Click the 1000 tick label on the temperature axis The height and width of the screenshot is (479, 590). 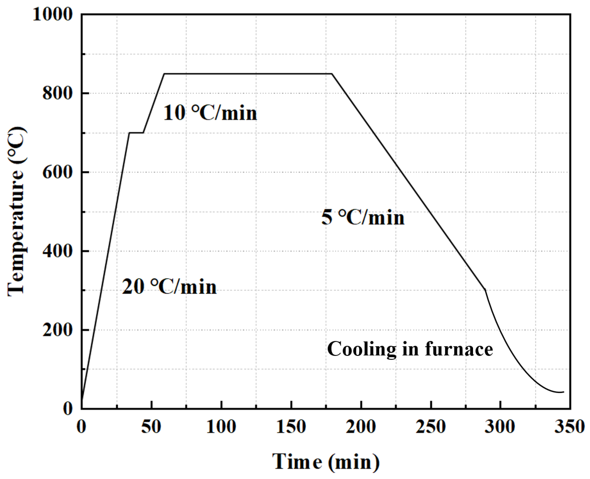pos(52,14)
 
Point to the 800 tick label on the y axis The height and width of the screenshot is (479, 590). pos(57,93)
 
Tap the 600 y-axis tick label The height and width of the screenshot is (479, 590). pos(57,172)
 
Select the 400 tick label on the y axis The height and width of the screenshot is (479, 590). pos(57,251)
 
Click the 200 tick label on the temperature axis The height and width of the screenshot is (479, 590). pos(57,330)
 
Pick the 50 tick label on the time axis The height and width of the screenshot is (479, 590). pos(151,427)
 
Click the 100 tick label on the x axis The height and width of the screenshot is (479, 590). pos(221,427)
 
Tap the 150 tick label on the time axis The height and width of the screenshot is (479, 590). pos(291,427)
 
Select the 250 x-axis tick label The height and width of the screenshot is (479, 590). pos(430,427)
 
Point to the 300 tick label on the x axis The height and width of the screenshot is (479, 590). pos(500,427)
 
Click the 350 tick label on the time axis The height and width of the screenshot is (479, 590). pos(569,427)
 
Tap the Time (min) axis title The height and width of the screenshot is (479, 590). pos(326,462)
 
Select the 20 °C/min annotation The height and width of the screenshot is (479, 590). pos(169,287)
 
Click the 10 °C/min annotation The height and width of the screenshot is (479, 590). pos(210,113)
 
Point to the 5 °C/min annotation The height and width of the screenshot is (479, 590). pos(363,217)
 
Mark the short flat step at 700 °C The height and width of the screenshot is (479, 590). pos(136,132)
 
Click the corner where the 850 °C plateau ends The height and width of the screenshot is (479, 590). pos(332,73)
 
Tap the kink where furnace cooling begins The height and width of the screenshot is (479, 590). pos(485,290)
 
